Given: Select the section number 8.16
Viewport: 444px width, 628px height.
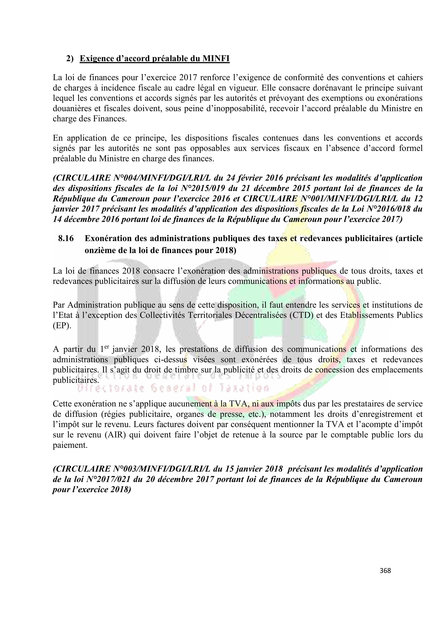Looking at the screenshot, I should [x=66, y=239].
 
